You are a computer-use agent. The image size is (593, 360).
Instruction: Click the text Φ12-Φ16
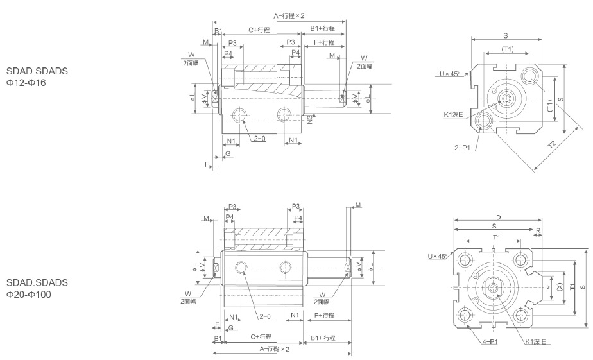coord(26,83)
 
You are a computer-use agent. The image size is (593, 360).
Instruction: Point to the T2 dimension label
coord(550,146)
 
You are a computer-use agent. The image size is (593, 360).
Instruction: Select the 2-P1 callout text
coord(462,147)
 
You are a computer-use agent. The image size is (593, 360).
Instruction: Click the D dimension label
coord(498,218)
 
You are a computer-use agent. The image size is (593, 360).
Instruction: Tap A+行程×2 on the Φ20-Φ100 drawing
coord(275,349)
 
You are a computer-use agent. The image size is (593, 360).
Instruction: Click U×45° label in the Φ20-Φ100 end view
coord(440,257)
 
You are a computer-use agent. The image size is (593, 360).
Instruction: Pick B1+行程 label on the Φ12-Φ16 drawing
coord(322,30)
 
